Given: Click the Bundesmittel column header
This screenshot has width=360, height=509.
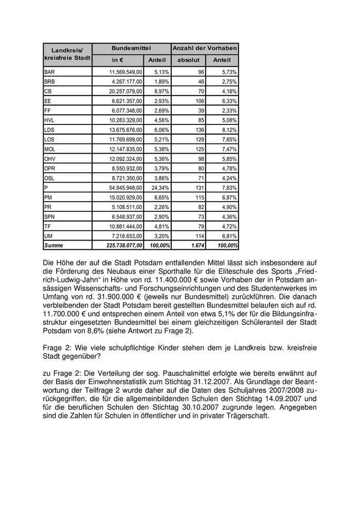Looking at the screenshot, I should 132,48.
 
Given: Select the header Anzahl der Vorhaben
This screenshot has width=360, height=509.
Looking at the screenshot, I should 205,48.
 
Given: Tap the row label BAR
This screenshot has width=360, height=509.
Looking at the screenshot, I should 49,72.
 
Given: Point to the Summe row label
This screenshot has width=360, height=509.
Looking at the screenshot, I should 54,245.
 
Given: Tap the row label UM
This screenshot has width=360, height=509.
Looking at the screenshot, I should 49,235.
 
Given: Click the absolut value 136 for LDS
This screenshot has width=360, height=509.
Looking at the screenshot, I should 200,130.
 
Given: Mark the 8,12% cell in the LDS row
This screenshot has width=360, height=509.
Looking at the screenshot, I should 229,130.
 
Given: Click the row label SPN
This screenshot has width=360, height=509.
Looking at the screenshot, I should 50,216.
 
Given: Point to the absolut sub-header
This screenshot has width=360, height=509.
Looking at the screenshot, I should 188,60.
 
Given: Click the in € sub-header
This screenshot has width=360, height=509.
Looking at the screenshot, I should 117,60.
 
